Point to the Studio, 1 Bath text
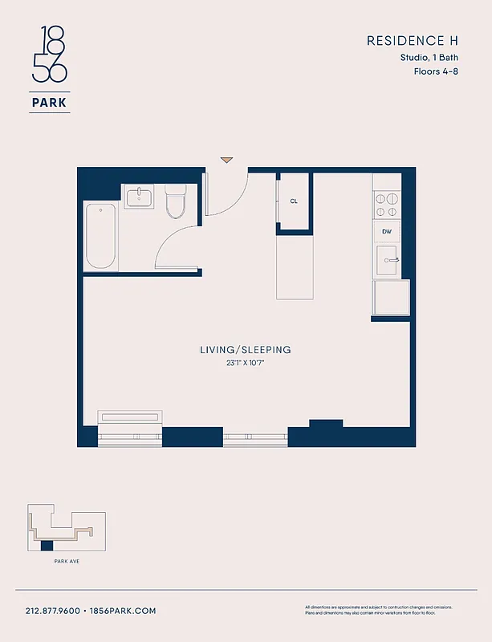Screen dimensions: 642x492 click(x=429, y=57)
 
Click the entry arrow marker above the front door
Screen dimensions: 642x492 click(x=226, y=160)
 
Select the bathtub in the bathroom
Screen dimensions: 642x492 click(x=101, y=236)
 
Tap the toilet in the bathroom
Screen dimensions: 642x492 click(x=175, y=202)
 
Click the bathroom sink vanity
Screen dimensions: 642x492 click(x=140, y=197)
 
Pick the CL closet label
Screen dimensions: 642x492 click(x=294, y=201)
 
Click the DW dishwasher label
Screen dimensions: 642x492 click(x=387, y=232)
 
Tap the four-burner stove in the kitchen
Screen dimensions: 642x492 click(x=387, y=205)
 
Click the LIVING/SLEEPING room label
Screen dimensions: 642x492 click(x=246, y=350)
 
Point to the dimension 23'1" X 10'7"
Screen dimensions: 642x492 click(x=246, y=363)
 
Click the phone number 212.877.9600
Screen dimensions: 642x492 click(x=52, y=611)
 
